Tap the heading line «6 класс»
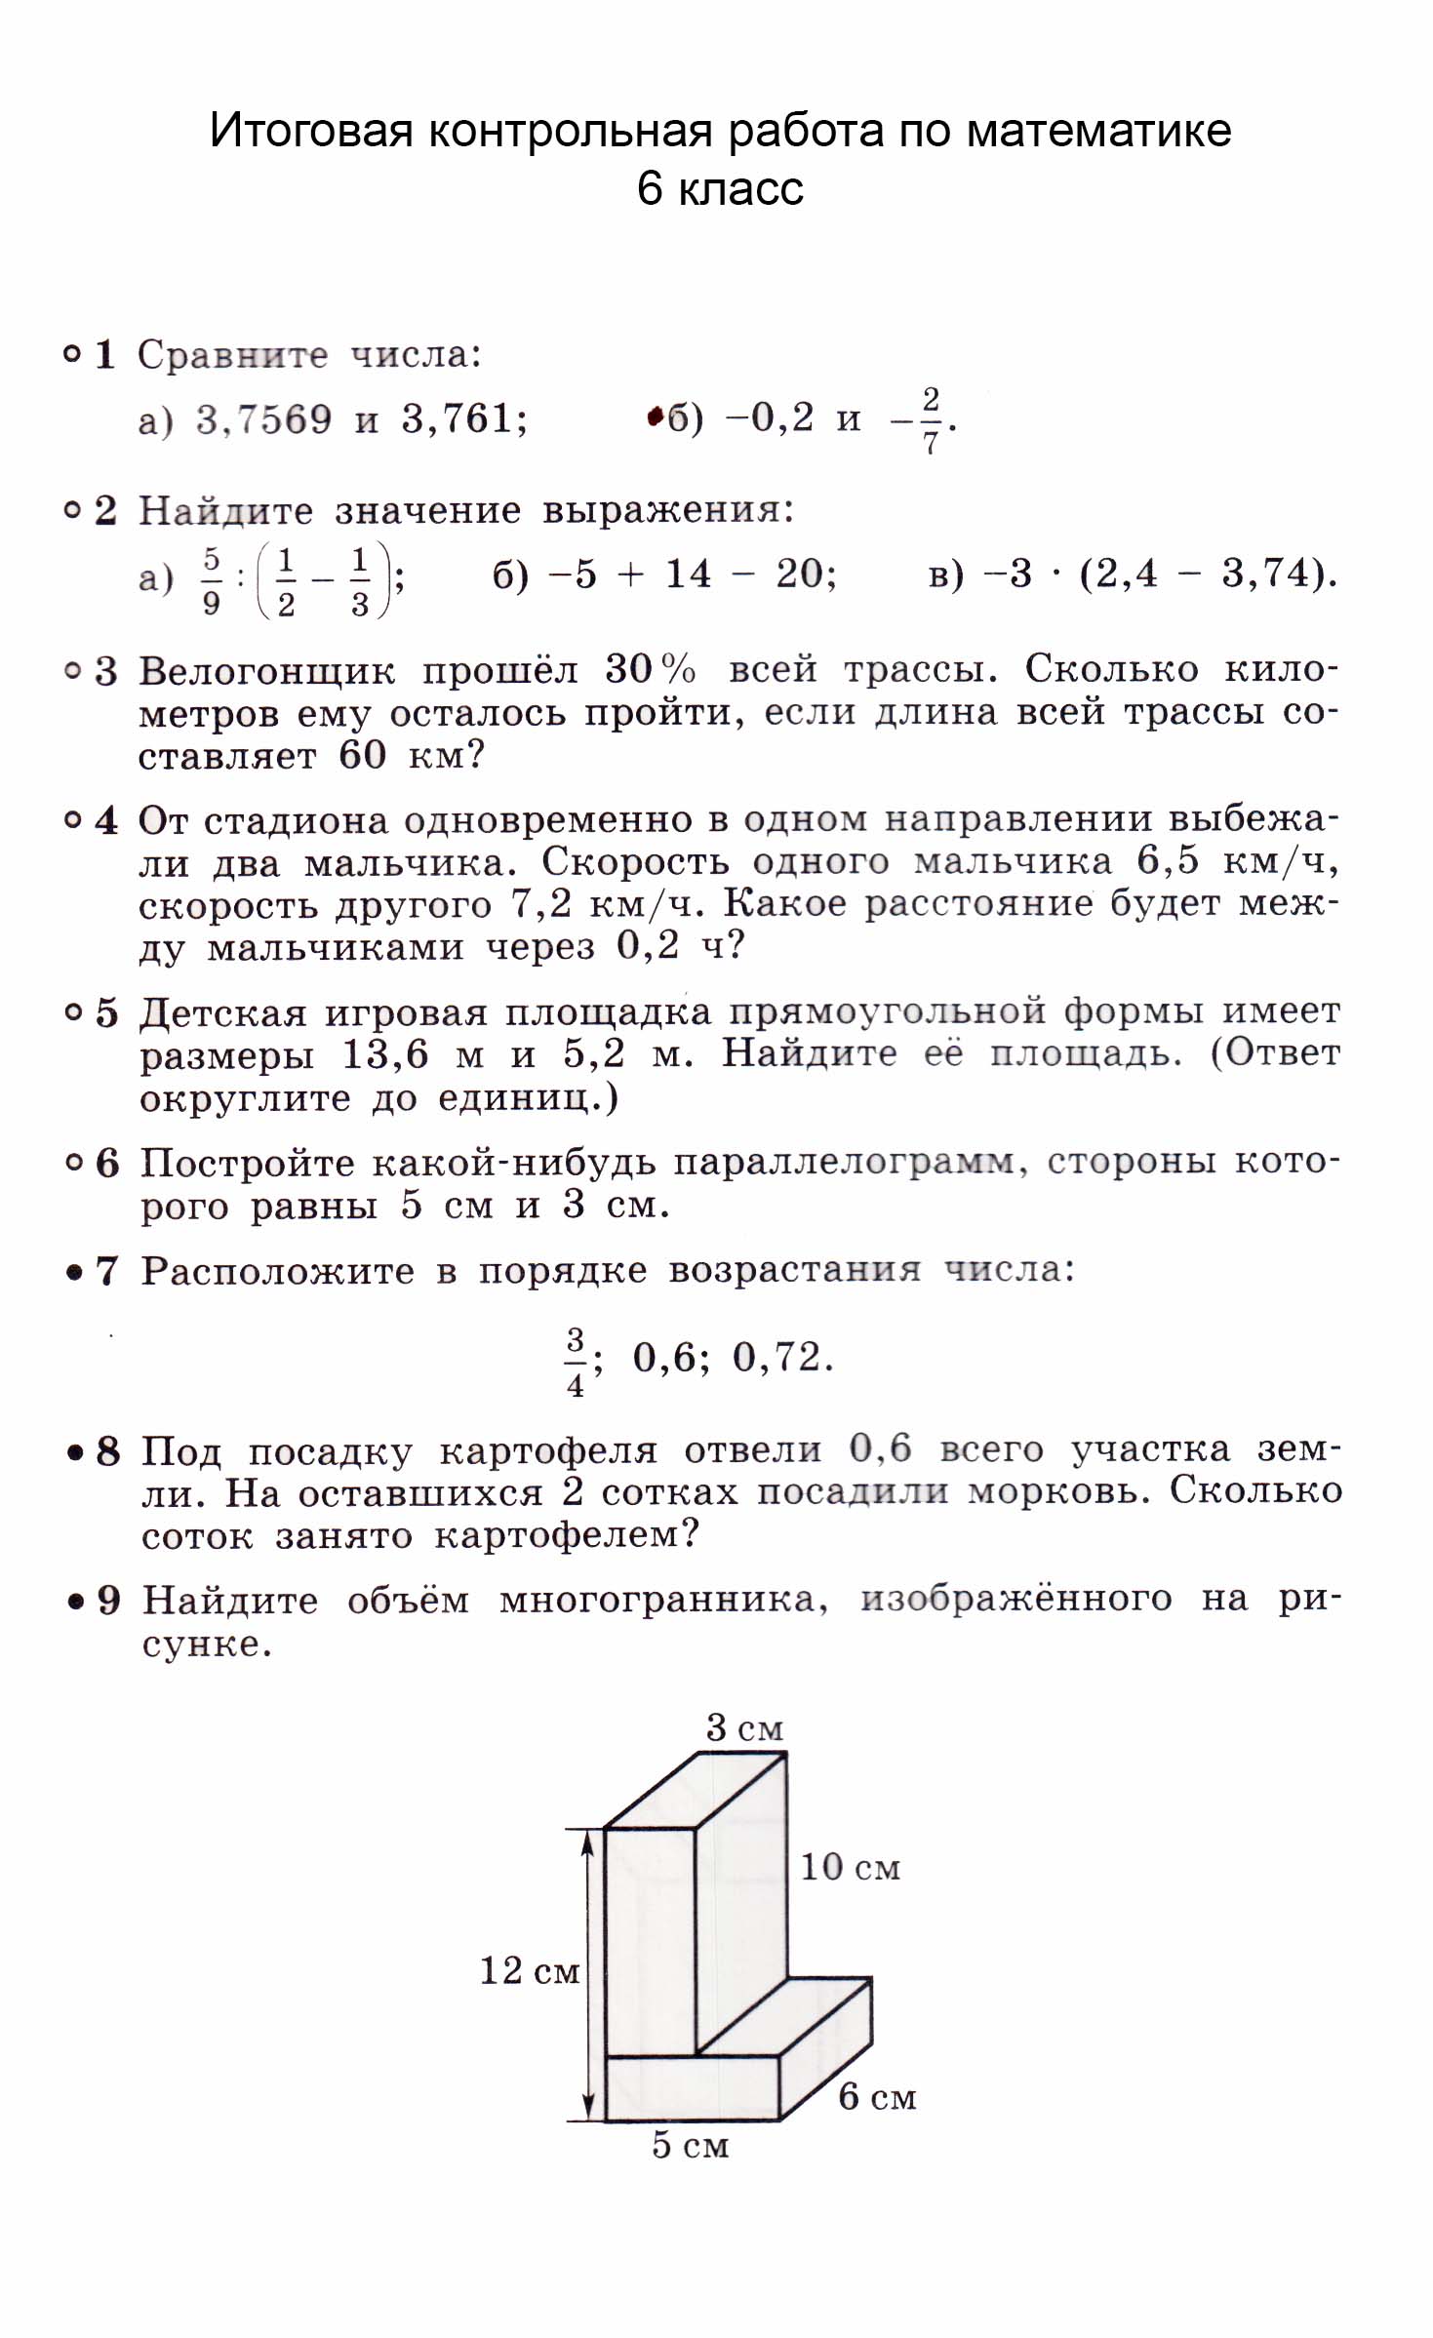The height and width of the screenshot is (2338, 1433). click(x=720, y=188)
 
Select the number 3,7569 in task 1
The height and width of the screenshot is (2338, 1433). click(x=263, y=419)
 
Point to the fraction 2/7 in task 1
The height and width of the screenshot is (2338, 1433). click(x=930, y=420)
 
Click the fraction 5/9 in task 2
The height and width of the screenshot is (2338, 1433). click(x=212, y=581)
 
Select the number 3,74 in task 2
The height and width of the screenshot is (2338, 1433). click(x=1266, y=574)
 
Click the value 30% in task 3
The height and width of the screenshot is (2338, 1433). click(x=650, y=669)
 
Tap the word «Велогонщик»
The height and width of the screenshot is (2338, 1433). click(x=266, y=671)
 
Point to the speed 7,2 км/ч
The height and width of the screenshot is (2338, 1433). click(x=605, y=905)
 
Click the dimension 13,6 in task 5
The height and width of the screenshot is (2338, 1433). click(x=384, y=1054)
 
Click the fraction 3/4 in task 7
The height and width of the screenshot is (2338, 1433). click(x=576, y=1361)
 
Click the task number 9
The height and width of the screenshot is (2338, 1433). click(x=108, y=1601)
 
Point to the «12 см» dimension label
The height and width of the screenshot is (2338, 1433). click(x=530, y=1971)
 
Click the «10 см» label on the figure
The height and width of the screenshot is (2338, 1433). click(x=850, y=1868)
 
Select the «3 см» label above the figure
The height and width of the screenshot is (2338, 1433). click(x=744, y=1728)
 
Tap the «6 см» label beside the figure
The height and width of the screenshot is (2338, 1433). click(x=877, y=2096)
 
